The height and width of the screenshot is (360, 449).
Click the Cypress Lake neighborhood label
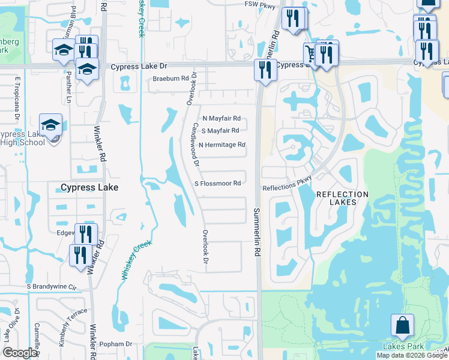[89, 187]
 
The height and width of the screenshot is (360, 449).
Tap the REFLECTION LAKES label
[342, 199]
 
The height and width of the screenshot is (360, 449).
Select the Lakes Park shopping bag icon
[402, 326]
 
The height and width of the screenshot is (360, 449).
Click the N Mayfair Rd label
[221, 118]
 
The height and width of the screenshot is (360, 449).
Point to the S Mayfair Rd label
[220, 130]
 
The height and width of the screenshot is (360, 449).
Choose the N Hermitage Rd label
[221, 145]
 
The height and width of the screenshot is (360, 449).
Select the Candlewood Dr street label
[194, 145]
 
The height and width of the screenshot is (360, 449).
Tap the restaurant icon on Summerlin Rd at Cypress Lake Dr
[265, 70]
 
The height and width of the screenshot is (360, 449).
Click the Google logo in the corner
[20, 353]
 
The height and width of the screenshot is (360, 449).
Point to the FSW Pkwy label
[259, 4]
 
